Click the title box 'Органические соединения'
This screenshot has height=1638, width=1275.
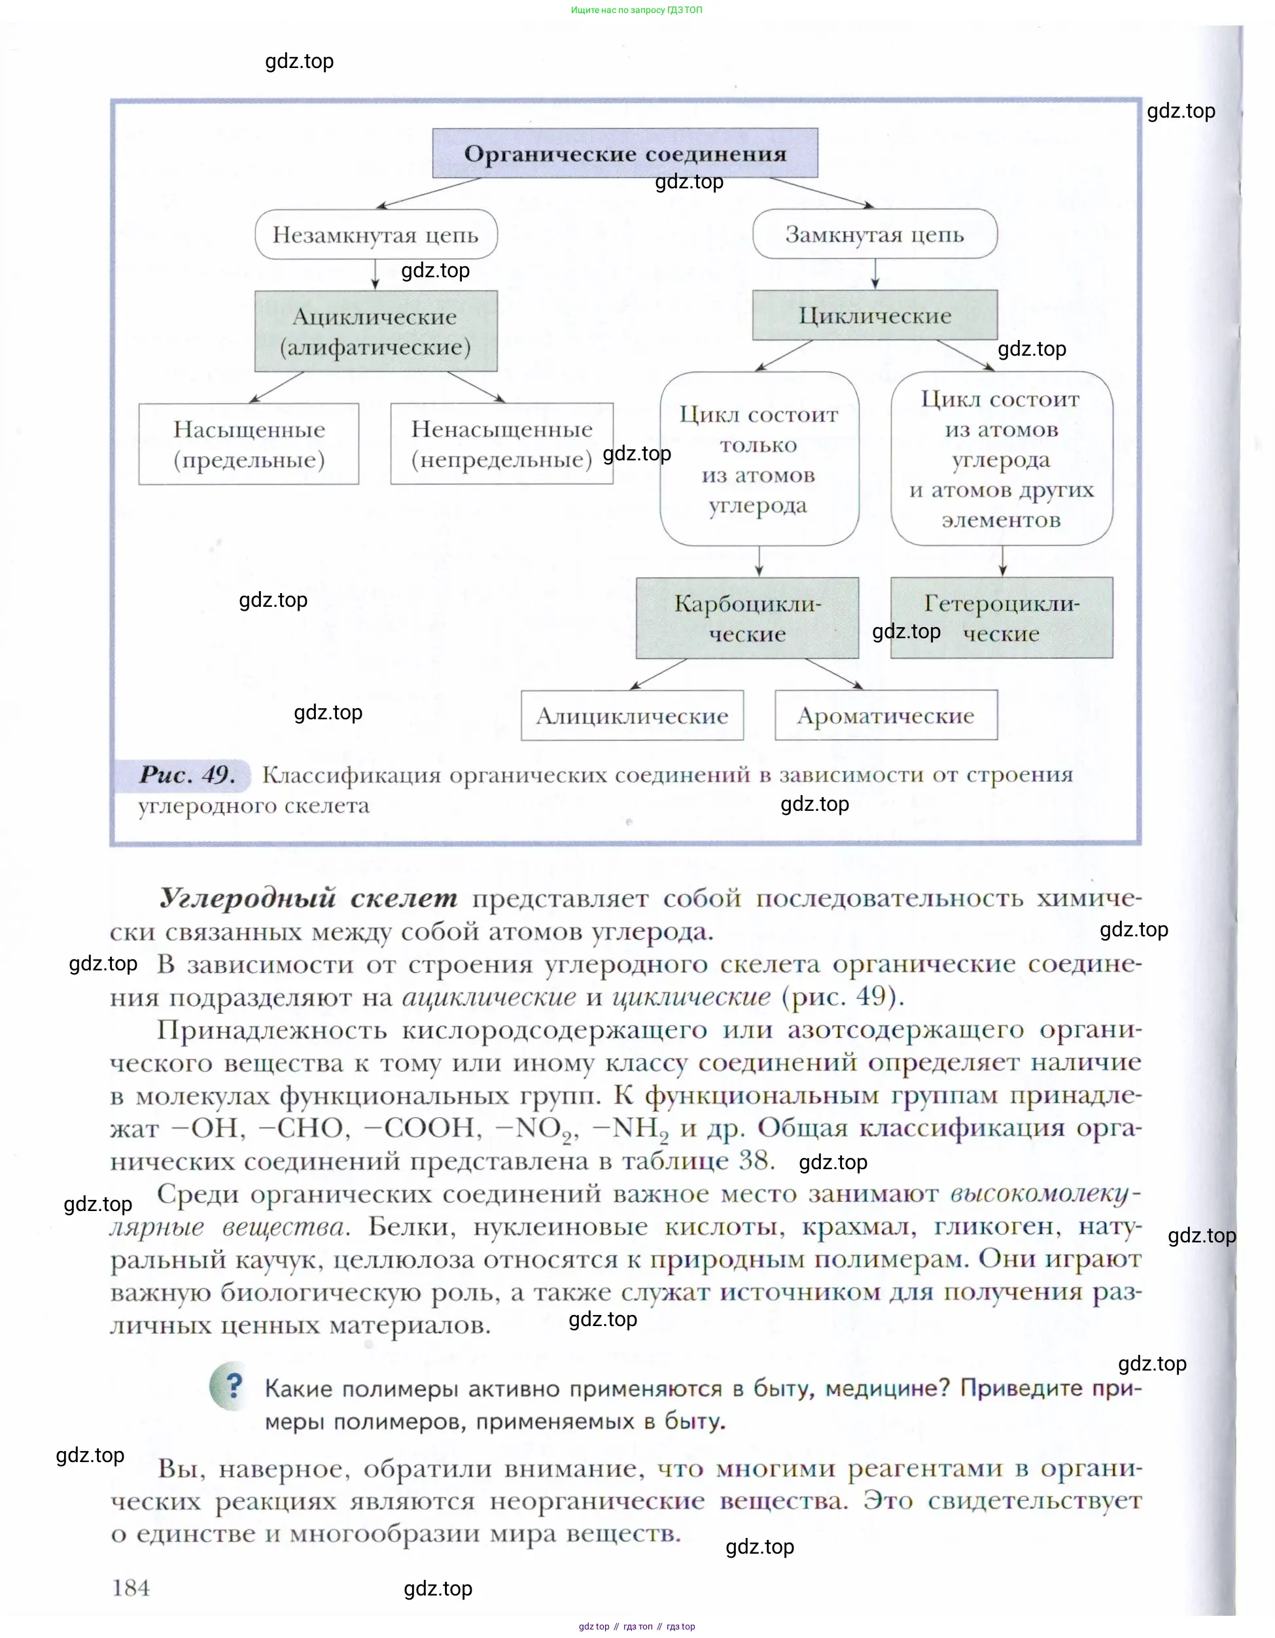[625, 154]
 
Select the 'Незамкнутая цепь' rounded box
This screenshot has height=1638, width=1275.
[376, 235]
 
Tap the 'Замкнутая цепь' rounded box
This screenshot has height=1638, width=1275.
[875, 235]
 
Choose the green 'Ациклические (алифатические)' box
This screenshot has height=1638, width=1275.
[376, 332]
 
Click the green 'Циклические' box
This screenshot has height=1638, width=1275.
[875, 315]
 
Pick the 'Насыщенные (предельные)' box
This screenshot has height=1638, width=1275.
[249, 444]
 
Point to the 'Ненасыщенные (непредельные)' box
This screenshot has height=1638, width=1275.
[502, 444]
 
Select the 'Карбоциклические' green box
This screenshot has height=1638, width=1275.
[748, 618]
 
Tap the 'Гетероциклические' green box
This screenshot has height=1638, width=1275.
[1002, 618]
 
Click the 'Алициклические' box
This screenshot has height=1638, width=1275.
[633, 715]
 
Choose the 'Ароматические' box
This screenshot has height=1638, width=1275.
[886, 715]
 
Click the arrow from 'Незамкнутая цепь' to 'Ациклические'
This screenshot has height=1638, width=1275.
[376, 275]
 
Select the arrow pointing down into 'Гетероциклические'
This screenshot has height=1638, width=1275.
[1003, 561]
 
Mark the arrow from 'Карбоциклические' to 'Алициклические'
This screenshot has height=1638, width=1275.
[659, 674]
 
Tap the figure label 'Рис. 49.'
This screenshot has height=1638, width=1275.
[188, 775]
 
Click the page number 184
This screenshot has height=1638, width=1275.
[131, 1588]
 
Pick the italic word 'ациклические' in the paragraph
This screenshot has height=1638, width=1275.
[489, 996]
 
